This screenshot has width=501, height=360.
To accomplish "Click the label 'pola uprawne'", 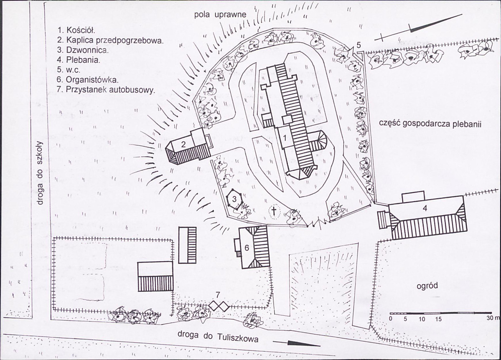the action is (x=221, y=15).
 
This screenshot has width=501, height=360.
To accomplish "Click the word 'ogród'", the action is (x=427, y=286).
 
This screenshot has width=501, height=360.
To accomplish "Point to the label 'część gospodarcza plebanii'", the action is (x=430, y=124).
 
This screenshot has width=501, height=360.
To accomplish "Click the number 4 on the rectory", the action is (x=425, y=208).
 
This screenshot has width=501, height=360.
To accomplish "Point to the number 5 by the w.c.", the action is (x=359, y=45).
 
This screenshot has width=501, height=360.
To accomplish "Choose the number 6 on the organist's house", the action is (x=247, y=248).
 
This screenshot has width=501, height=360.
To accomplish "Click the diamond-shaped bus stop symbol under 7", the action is (x=219, y=306).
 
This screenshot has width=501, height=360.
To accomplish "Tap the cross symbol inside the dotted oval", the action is (x=274, y=211).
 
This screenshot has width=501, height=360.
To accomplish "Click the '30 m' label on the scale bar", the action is (x=493, y=319).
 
